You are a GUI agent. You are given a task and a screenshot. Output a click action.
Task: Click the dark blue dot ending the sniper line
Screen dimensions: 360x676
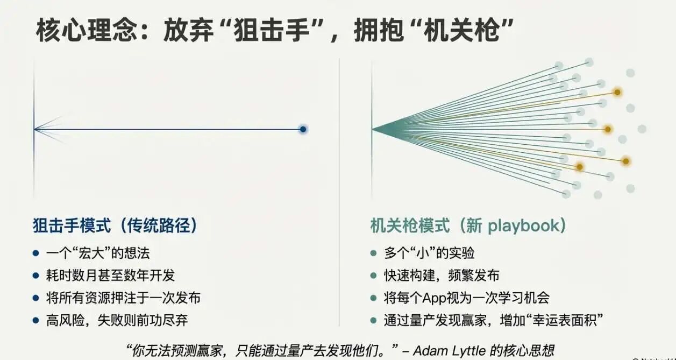pyautogui.click(x=303, y=129)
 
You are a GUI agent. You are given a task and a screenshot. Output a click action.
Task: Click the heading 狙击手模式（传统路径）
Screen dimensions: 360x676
pyautogui.click(x=115, y=225)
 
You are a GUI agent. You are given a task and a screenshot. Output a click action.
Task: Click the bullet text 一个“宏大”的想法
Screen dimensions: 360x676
pyautogui.click(x=98, y=253)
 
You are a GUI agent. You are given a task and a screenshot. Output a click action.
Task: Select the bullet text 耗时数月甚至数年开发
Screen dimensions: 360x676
pyautogui.click(x=111, y=276)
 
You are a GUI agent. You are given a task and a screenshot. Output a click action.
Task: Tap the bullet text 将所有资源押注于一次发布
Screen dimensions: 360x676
pyautogui.click(x=124, y=298)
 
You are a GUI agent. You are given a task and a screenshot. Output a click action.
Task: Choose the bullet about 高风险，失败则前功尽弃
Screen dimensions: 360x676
pyautogui.click(x=117, y=320)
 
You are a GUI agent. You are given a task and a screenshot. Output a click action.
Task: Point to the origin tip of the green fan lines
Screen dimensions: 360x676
pyautogui.click(x=372, y=129)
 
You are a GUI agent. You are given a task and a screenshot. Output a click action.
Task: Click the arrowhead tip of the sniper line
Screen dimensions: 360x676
pyautogui.click(x=35, y=129)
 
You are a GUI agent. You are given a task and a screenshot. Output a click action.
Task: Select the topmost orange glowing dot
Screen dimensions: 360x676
pyautogui.click(x=618, y=93)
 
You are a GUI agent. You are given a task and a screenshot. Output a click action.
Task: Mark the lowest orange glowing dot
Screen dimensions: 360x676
pyautogui.click(x=579, y=167)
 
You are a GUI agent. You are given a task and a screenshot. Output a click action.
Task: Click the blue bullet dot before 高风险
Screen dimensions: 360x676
pyautogui.click(x=35, y=320)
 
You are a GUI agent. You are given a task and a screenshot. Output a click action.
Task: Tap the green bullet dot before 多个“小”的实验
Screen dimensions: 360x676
pyautogui.click(x=373, y=253)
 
